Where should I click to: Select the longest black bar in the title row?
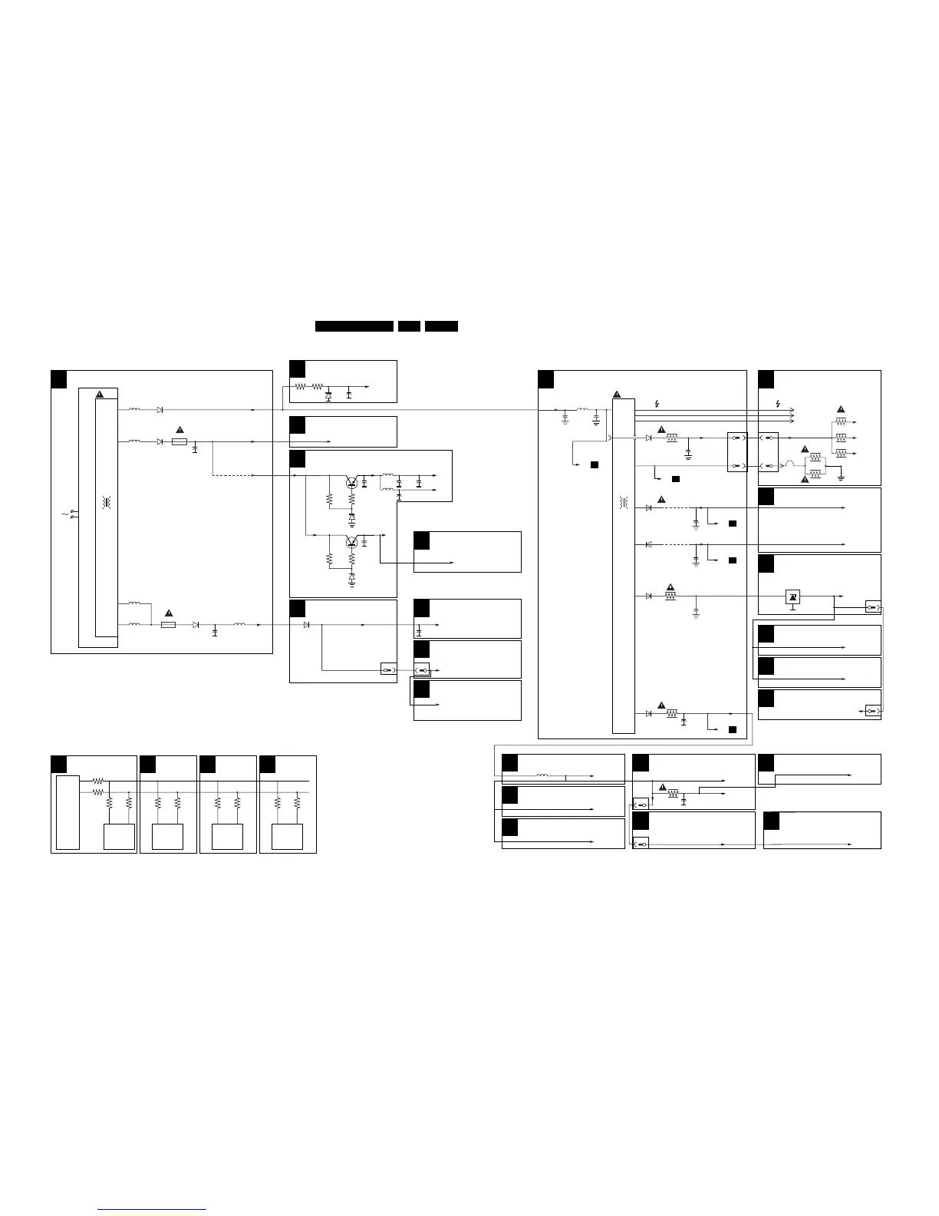pyautogui.click(x=354, y=326)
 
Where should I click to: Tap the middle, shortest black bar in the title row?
pyautogui.click(x=409, y=326)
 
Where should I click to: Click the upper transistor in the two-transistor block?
pyautogui.click(x=351, y=483)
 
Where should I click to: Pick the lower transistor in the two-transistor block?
pyautogui.click(x=351, y=542)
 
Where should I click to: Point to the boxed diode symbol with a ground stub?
pyautogui.click(x=792, y=597)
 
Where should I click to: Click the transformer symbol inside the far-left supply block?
pyautogui.click(x=107, y=503)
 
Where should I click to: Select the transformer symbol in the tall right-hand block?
pyautogui.click(x=624, y=503)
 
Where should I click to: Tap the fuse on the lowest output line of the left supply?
pyautogui.click(x=169, y=625)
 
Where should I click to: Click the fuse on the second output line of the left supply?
pyautogui.click(x=180, y=442)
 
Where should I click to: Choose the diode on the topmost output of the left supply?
pyautogui.click(x=160, y=410)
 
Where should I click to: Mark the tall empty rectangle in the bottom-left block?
pyautogui.click(x=68, y=811)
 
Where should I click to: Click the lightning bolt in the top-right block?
pyautogui.click(x=779, y=404)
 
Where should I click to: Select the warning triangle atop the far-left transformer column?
pyautogui.click(x=99, y=395)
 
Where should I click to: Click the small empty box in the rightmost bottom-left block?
pyautogui.click(x=287, y=836)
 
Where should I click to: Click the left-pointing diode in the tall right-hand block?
pyautogui.click(x=649, y=544)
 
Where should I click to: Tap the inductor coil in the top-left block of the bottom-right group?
pyautogui.click(x=542, y=776)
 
